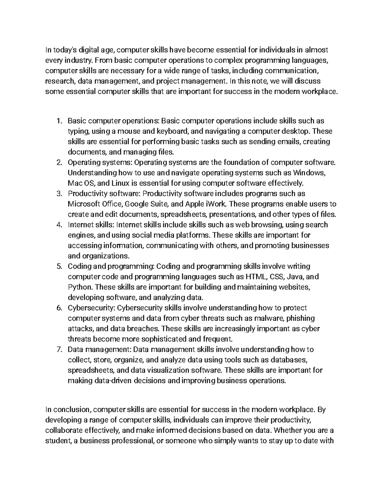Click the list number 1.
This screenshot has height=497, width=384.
(x=58, y=121)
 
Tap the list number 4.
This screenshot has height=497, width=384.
(x=58, y=225)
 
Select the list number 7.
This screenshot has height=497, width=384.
(x=58, y=349)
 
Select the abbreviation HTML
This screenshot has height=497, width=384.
(x=256, y=277)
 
